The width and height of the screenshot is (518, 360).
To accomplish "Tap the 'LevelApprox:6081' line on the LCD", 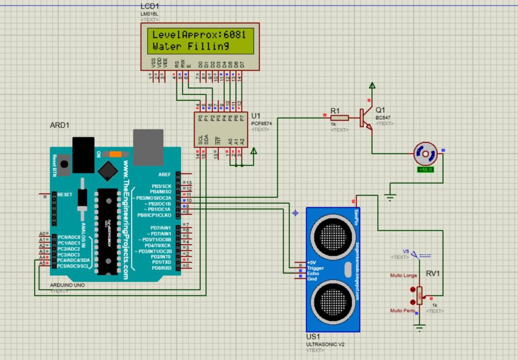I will pyautogui.click(x=199, y=35).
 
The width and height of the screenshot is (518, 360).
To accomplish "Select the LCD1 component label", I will pyautogui.click(x=149, y=6).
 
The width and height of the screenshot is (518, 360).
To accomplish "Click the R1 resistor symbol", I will pyautogui.click(x=339, y=118).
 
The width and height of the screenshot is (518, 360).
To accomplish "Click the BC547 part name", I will pyautogui.click(x=383, y=117).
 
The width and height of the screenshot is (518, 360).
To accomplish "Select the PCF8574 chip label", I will pyautogui.click(x=262, y=123).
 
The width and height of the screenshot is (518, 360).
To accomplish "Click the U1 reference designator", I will pyautogui.click(x=255, y=116).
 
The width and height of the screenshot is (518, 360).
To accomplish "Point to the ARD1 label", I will pyautogui.click(x=60, y=125).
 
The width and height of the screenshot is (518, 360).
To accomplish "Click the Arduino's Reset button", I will pyautogui.click(x=64, y=163).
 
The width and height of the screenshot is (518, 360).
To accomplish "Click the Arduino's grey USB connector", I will pyautogui.click(x=148, y=147).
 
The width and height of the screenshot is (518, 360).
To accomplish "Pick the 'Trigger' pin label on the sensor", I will pyautogui.click(x=315, y=268).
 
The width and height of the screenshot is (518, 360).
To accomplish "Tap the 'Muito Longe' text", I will pyautogui.click(x=404, y=276).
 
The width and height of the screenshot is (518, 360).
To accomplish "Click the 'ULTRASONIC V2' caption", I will pyautogui.click(x=325, y=344).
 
